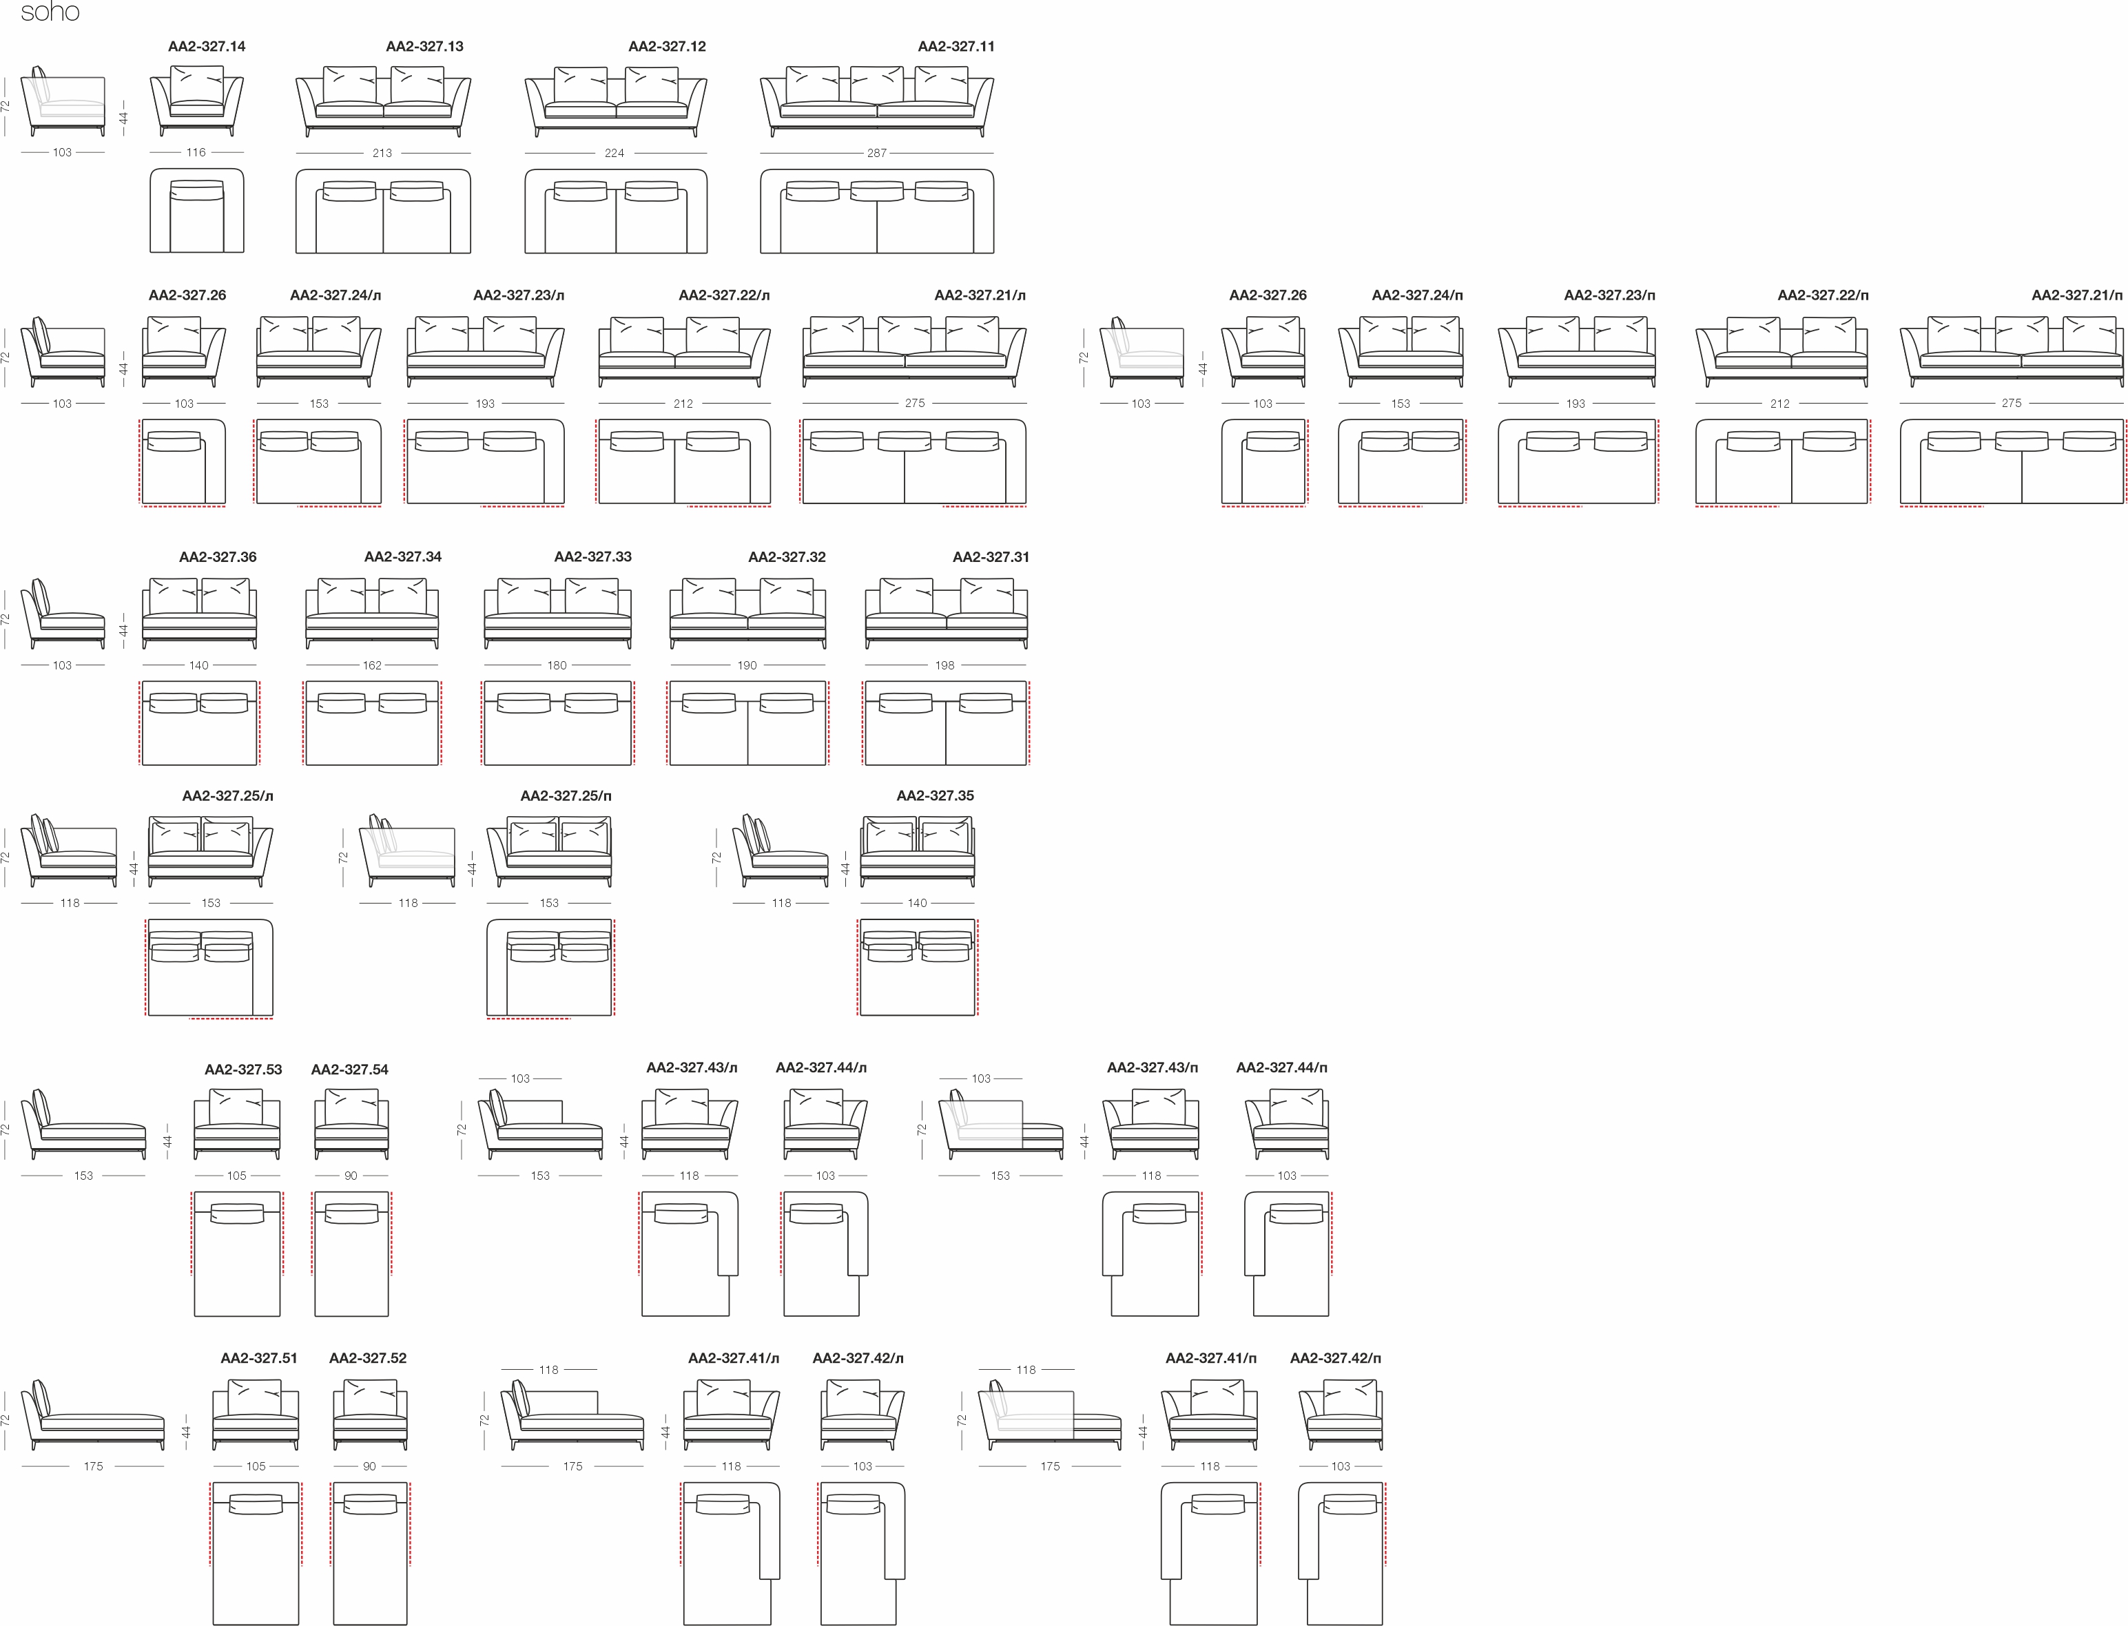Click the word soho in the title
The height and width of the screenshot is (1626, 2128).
[x=50, y=12]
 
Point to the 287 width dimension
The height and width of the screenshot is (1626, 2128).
[x=876, y=153]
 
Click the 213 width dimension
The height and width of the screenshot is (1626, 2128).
[x=382, y=153]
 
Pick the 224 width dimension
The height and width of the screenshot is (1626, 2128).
[x=614, y=153]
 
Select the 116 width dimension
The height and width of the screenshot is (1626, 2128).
[x=196, y=152]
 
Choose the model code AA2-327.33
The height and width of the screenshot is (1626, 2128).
[x=592, y=556]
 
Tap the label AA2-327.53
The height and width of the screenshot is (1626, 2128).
[x=243, y=1070]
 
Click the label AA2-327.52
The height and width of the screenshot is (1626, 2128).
[x=368, y=1358]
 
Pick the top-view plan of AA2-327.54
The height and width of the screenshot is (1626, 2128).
[x=351, y=1253]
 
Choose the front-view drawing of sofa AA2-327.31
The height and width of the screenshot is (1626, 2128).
[x=946, y=614]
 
